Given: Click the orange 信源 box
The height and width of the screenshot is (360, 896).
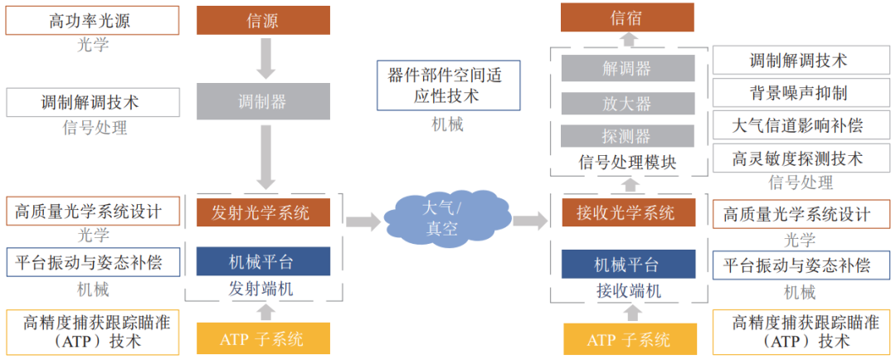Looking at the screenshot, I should click(262, 20).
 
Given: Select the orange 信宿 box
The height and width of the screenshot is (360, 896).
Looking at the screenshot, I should click(627, 17).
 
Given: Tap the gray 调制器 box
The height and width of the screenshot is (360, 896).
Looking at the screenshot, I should click(262, 101).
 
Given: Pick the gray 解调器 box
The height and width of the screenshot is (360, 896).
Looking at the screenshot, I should click(627, 68).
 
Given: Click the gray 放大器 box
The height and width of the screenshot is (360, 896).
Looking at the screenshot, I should click(627, 103).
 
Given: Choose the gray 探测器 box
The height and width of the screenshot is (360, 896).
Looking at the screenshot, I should click(627, 136).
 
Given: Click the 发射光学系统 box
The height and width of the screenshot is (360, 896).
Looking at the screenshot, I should click(262, 212).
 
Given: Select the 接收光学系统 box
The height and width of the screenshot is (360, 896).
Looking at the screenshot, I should click(627, 213).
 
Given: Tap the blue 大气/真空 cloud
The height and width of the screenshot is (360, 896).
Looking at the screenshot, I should click(441, 219).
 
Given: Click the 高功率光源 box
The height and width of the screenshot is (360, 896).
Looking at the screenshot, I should click(92, 21).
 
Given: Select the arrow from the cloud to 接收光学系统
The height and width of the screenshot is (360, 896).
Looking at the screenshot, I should click(529, 221).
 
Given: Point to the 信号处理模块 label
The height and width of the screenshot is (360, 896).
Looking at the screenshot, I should click(627, 162).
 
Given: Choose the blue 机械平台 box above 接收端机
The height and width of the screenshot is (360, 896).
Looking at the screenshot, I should click(627, 265).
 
